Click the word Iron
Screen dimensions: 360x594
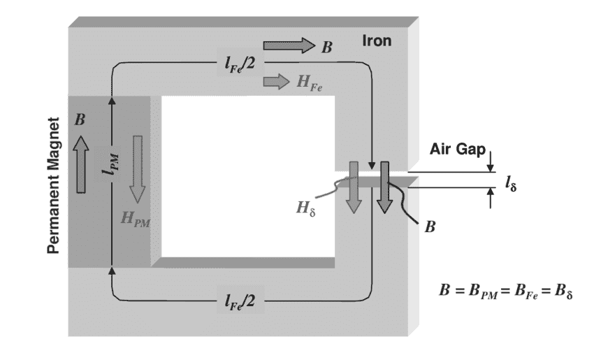376,41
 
